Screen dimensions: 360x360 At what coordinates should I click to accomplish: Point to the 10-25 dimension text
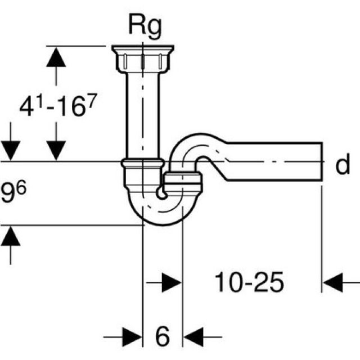[x=248, y=283]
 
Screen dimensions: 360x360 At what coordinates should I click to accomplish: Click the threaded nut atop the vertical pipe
[x=143, y=57]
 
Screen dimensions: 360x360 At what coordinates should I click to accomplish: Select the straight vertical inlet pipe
[x=143, y=112]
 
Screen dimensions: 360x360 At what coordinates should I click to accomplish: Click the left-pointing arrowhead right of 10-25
[x=333, y=283]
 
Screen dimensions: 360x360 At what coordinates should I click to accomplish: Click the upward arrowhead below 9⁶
[x=11, y=237]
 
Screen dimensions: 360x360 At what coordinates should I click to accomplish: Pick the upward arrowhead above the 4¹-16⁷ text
[x=56, y=56]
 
